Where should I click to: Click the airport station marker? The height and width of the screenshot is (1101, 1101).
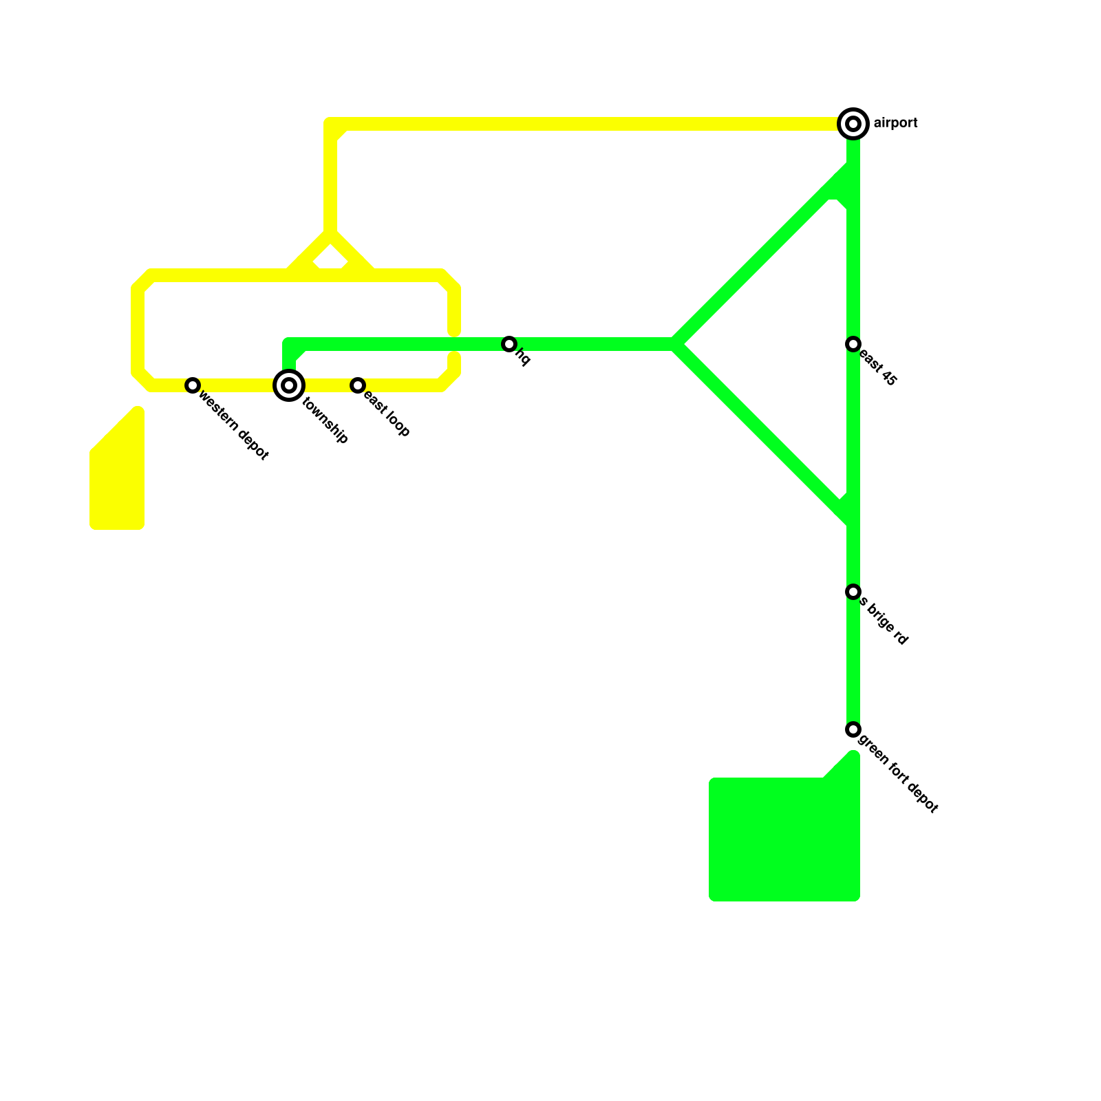coord(853,124)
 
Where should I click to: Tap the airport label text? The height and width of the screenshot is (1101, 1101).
coord(895,124)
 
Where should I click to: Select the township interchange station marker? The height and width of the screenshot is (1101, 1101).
coord(289,385)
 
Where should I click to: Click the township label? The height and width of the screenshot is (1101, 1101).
coord(325,420)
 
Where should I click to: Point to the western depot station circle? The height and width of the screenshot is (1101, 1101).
coord(193,385)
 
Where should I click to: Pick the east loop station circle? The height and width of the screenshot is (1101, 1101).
coord(358,385)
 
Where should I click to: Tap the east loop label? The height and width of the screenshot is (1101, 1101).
coord(387,414)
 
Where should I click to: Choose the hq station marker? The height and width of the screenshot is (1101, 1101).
coord(509,344)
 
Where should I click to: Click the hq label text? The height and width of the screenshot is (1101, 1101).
coord(523,358)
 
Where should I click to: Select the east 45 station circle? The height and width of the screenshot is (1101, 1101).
coord(853,344)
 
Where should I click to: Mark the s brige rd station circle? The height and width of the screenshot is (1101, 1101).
coord(853,592)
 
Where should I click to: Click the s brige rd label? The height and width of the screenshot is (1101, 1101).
coord(884,623)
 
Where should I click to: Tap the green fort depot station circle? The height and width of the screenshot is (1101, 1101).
coord(853,729)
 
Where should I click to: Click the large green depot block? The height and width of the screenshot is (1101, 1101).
coord(784,840)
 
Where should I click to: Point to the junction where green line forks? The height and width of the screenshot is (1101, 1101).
coord(676,344)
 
